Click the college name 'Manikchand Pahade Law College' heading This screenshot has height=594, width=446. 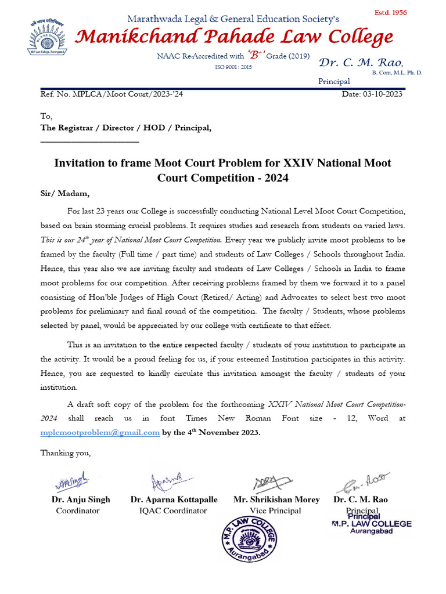click(235, 38)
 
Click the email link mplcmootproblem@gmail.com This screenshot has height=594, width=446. click(100, 432)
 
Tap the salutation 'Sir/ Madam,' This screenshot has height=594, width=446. click(65, 194)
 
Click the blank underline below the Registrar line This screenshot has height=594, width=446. click(89, 141)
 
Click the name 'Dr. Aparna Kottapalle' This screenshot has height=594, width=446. click(174, 499)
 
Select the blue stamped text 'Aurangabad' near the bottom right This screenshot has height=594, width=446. click(371, 531)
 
